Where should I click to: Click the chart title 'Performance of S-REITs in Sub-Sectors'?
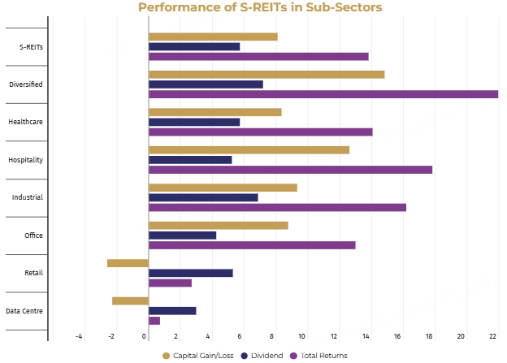pos(259,8)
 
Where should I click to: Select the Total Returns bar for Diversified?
pos(323,94)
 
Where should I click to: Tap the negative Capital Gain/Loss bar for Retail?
pos(128,263)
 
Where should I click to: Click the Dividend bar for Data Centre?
pos(172,310)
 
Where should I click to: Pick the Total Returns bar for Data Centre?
pos(154,320)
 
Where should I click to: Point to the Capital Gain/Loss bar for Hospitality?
pos(249,149)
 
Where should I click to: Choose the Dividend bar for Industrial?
pos(203,197)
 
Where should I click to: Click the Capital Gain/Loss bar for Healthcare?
pos(215,112)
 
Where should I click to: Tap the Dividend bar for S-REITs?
pos(194,46)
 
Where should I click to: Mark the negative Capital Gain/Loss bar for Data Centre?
pos(130,300)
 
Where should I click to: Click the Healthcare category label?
pos(26,122)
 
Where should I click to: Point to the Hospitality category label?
pos(25,160)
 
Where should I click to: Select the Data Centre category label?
pos(24,311)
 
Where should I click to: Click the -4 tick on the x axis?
pos(79,336)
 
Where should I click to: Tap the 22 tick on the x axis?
pos(493,336)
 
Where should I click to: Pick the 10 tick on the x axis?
pos(302,336)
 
